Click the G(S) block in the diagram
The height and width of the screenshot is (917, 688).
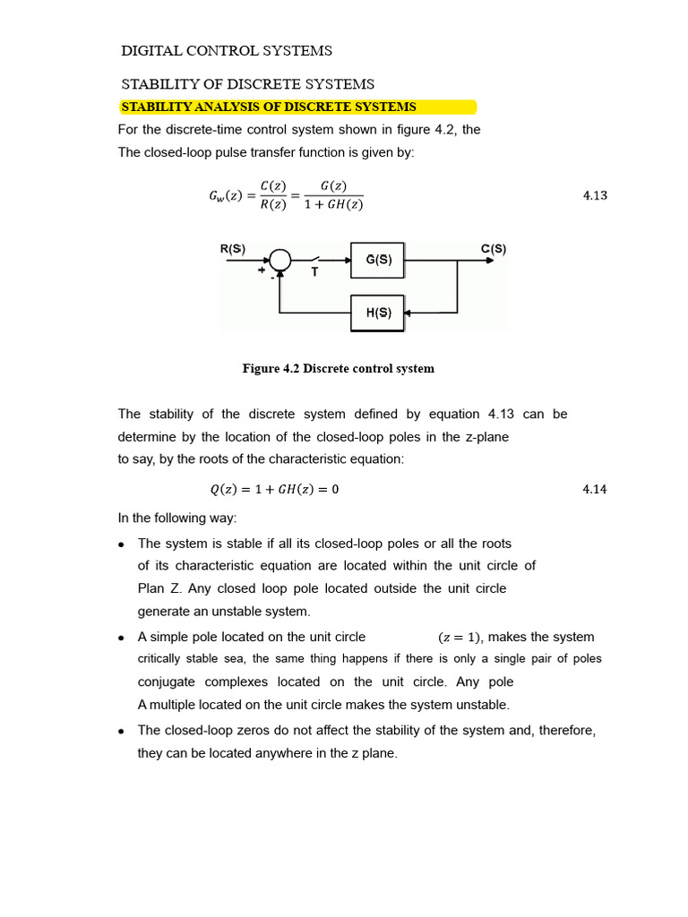(x=377, y=260)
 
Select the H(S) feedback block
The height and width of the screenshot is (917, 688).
(x=377, y=313)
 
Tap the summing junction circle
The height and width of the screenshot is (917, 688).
(x=281, y=260)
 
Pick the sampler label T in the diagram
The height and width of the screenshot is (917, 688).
(x=314, y=272)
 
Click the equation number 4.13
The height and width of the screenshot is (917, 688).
(x=595, y=195)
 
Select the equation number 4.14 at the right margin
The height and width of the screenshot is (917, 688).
(x=595, y=490)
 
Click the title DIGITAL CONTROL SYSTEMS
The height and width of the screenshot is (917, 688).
(x=227, y=50)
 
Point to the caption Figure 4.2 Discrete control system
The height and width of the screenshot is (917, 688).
(x=339, y=368)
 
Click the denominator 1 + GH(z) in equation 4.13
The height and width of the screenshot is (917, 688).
(x=333, y=205)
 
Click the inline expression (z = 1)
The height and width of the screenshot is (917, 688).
(x=460, y=638)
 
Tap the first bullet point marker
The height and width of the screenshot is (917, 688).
(x=122, y=544)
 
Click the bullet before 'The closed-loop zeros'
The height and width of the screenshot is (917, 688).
(x=122, y=732)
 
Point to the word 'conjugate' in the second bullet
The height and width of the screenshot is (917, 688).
(x=168, y=681)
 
